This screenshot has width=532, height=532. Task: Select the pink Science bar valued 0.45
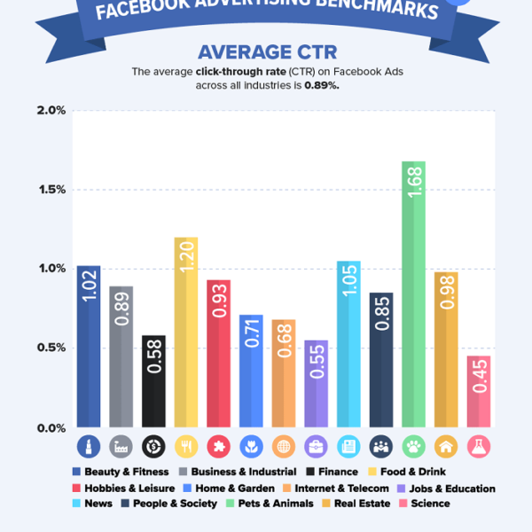pos(479,391)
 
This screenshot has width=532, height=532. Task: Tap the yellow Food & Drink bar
pos(186,332)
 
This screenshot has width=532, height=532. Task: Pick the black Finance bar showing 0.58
pos(153,381)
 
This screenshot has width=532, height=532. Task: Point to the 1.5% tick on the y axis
pos(51,190)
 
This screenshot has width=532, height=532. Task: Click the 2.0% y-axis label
pos(51,111)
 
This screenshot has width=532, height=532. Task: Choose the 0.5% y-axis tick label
pos(51,348)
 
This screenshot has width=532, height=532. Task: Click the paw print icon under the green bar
pos(413,446)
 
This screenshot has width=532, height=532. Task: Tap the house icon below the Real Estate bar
pos(446,446)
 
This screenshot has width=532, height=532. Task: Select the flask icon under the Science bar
pos(479,446)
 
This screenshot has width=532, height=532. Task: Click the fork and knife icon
pos(186,446)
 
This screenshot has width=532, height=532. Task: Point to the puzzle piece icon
pos(219,446)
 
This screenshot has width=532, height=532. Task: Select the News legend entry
pos(95,504)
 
